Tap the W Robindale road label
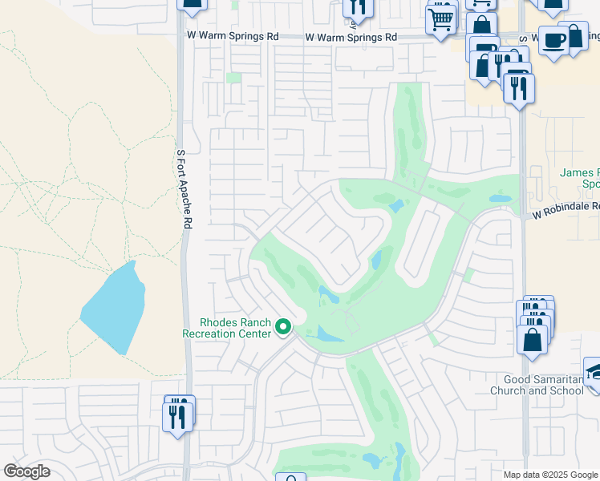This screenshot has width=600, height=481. pyautogui.click(x=566, y=206)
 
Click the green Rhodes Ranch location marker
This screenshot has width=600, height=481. pyautogui.click(x=282, y=326)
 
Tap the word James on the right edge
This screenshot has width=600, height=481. pyautogui.click(x=574, y=172)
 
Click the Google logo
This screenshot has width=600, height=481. pyautogui.click(x=26, y=471)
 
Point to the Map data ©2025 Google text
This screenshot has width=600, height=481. pyautogui.click(x=550, y=475)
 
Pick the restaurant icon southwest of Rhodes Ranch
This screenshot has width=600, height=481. pyautogui.click(x=176, y=415)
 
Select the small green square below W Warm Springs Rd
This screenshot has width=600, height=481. pyautogui.click(x=233, y=78)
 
